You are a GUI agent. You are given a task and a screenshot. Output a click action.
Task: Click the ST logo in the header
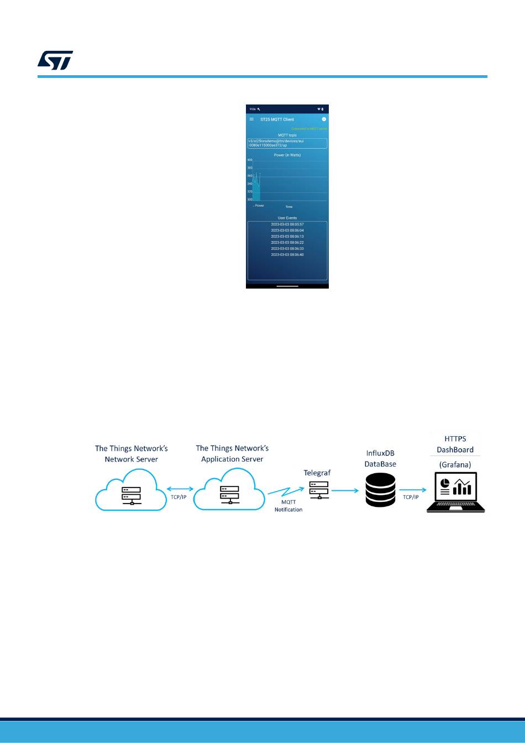click(x=55, y=60)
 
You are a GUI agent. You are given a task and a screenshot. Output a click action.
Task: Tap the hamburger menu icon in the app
click(x=252, y=119)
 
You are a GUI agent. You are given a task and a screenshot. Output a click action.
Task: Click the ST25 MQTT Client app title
click(x=277, y=119)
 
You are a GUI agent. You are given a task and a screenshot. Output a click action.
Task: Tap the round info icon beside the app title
click(x=324, y=119)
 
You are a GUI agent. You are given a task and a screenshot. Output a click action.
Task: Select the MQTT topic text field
click(x=287, y=143)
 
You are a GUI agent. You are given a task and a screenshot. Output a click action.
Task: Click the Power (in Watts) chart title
click(x=287, y=155)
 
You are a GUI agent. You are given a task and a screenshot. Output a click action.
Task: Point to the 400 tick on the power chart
click(x=250, y=160)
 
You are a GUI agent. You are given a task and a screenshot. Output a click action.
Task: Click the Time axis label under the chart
click(x=288, y=207)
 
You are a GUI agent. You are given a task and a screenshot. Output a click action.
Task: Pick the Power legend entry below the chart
click(x=259, y=206)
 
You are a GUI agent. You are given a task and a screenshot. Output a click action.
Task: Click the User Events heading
click(x=287, y=218)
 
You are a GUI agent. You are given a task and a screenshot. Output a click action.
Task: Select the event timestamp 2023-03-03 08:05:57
click(x=287, y=224)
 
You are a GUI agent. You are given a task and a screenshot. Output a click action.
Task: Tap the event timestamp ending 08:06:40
click(x=287, y=255)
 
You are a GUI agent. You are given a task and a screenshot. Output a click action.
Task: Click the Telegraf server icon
click(x=318, y=490)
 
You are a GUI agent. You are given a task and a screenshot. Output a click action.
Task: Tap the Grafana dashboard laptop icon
click(x=456, y=492)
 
